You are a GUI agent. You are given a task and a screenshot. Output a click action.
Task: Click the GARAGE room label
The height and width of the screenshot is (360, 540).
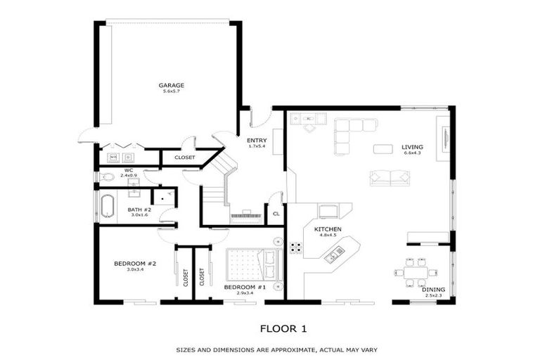[172, 85]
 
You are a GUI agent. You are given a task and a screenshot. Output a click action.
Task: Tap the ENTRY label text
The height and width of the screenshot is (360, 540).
[256, 141]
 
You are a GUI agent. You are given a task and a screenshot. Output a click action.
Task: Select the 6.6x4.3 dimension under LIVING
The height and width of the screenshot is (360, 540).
[412, 154]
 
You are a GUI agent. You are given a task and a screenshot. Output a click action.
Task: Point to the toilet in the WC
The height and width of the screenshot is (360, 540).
[108, 177]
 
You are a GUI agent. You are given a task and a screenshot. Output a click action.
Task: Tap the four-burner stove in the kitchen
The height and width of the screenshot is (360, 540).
[296, 247]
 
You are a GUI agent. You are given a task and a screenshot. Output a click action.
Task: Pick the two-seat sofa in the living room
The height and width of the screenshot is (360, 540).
[390, 178]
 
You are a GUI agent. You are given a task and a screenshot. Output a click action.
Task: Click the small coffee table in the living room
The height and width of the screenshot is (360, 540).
[382, 148]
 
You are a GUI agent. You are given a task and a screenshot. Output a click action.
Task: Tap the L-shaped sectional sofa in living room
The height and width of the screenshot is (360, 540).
[352, 131]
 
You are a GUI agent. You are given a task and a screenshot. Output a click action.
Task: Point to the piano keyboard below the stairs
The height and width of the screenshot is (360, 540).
[246, 214]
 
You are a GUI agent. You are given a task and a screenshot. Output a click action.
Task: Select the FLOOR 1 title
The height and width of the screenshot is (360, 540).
[283, 328]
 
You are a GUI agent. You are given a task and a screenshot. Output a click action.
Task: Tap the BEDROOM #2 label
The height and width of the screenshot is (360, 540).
[135, 264]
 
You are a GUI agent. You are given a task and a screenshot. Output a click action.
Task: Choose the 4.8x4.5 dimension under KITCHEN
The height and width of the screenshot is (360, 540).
[328, 236]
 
